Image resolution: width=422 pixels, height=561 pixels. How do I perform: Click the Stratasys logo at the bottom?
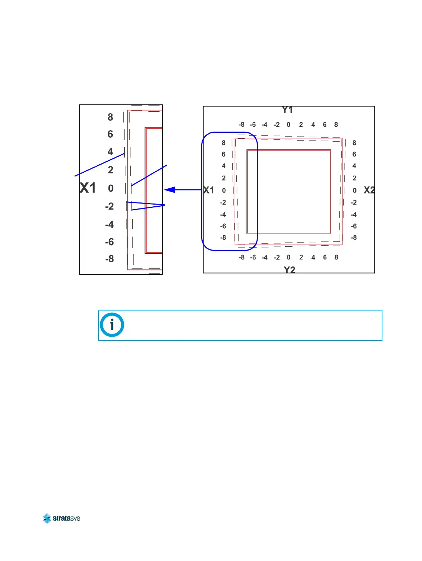(61, 518)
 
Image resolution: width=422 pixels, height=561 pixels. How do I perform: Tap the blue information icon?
(112, 325)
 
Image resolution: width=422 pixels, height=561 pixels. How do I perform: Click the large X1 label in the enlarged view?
(88, 188)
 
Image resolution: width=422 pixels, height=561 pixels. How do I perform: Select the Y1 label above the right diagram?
(287, 110)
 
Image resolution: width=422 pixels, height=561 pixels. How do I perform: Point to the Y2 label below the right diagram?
(289, 270)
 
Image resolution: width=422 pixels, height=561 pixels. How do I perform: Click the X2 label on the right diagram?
(369, 190)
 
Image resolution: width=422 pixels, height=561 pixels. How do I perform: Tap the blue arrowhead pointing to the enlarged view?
(170, 190)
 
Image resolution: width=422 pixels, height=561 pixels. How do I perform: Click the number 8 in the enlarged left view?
(111, 117)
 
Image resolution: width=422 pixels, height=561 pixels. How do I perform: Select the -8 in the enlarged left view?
(109, 259)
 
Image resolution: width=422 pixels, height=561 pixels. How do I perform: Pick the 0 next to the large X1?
(111, 188)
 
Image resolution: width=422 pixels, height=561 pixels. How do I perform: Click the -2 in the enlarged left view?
(109, 206)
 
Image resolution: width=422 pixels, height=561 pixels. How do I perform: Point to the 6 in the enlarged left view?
(111, 134)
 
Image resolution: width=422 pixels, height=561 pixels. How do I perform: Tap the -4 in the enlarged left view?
(109, 224)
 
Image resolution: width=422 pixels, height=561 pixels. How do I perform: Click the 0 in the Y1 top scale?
(288, 125)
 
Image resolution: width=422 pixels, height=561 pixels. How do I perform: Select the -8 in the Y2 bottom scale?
(241, 257)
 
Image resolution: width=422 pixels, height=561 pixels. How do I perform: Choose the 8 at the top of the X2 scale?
(354, 143)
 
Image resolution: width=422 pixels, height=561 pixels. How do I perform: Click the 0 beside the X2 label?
(354, 190)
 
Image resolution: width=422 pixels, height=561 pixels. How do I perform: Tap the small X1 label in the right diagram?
(209, 190)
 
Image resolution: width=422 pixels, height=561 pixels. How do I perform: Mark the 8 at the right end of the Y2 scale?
(336, 257)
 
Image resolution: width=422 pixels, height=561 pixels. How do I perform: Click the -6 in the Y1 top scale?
(253, 125)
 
